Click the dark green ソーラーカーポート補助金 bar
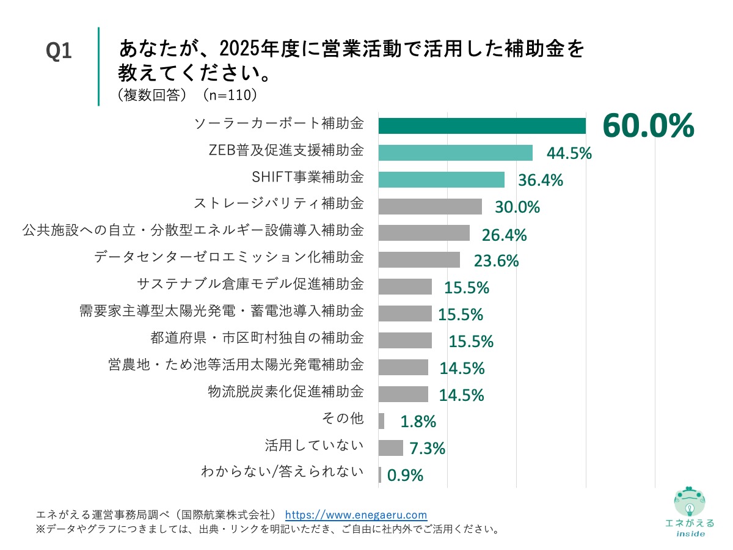tap(482, 125)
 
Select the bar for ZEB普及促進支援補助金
tap(455, 153)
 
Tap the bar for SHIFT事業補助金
tap(441, 180)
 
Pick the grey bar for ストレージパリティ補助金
tap(430, 207)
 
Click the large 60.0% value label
tap(648, 127)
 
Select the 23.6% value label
tap(496, 261)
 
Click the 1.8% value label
tap(418, 421)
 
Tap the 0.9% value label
tap(405, 475)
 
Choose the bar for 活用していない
tap(391, 448)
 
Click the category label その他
tap(342, 419)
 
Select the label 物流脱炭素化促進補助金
tap(286, 392)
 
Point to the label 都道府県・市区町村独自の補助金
tap(257, 338)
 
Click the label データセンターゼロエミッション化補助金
tap(229, 257)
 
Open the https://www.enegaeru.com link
tap(356, 515)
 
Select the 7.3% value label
tap(426, 448)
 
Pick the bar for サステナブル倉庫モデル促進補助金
tap(405, 287)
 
